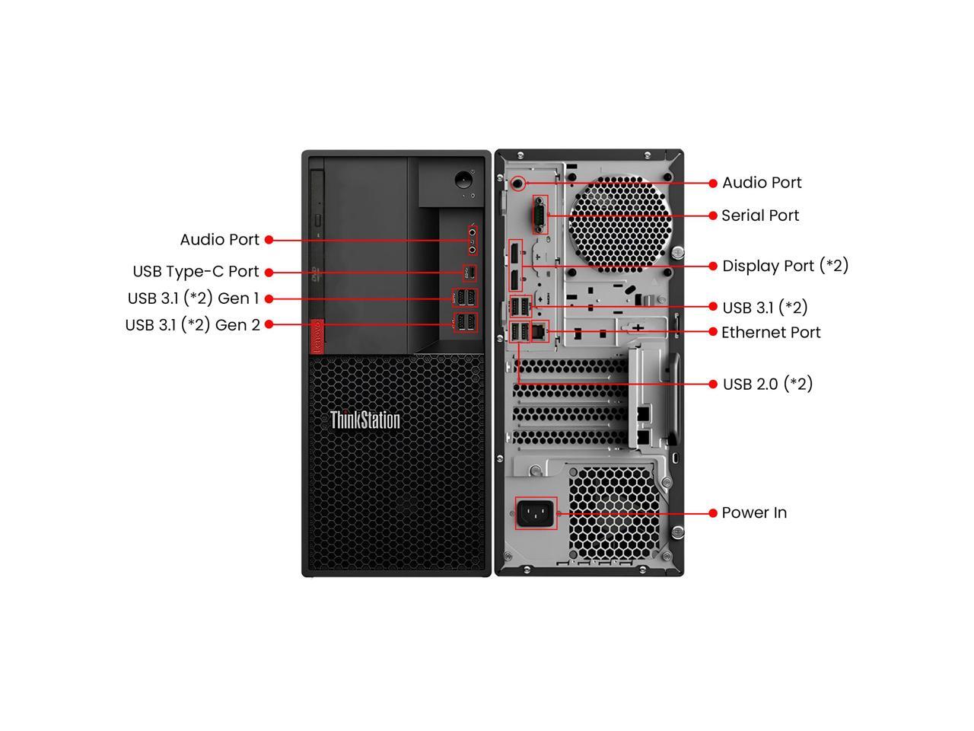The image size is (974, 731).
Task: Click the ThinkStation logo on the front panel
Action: point(364,420)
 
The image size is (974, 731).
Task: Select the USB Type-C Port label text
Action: point(196,272)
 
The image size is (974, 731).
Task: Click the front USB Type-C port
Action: point(470,273)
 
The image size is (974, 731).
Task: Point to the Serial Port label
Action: point(760,215)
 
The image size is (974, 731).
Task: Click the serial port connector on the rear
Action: point(538,215)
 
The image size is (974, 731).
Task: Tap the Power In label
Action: point(754,512)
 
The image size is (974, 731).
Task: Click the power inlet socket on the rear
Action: point(536,513)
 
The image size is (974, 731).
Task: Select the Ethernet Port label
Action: point(771,332)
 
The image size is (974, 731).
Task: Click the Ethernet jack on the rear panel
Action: point(540,331)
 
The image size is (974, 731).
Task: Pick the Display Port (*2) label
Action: point(785,266)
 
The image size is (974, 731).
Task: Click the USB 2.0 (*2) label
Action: point(767,384)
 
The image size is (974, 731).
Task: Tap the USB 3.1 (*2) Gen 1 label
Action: point(193,298)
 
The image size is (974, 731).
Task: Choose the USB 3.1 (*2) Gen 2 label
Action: point(193,325)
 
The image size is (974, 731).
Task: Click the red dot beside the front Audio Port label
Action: point(269,240)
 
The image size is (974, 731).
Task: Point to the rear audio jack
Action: point(518,183)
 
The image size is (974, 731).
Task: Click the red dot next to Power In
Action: point(713,513)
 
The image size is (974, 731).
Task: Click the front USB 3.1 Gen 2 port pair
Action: point(465,323)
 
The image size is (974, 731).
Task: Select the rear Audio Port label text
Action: point(762,183)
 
